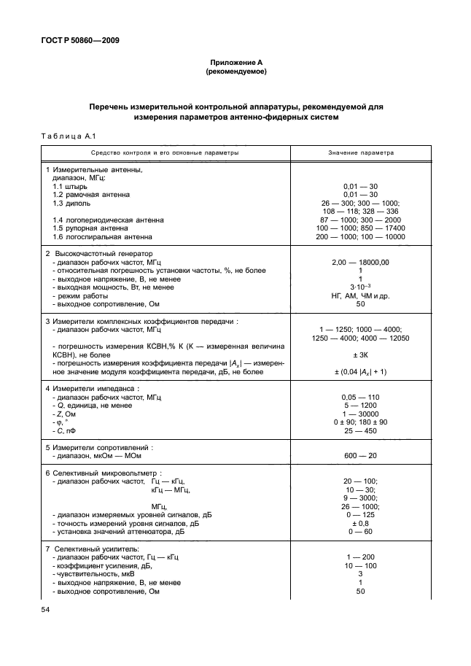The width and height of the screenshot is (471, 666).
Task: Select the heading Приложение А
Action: point(235,63)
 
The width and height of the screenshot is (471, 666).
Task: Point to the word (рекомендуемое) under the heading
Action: point(235,72)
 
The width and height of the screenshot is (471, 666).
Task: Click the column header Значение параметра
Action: point(360,154)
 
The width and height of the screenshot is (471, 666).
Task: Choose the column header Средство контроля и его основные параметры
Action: point(165,154)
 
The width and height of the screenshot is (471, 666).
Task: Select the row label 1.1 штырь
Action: point(69,186)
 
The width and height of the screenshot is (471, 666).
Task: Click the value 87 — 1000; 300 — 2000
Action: point(360,220)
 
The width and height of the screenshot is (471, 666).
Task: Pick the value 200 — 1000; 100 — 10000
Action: point(360,237)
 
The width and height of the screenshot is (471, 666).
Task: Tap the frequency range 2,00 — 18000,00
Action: point(360,262)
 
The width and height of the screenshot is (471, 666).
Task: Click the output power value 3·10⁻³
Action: point(360,287)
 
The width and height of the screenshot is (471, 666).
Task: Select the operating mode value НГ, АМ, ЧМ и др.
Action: point(360,296)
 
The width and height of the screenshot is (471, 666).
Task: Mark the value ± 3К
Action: point(360,355)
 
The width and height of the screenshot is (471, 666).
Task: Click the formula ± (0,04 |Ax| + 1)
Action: point(360,371)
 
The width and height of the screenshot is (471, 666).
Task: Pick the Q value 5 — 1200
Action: point(360,405)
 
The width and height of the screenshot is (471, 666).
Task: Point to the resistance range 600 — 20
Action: point(360,455)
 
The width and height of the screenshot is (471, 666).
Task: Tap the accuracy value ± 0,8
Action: point(360,523)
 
